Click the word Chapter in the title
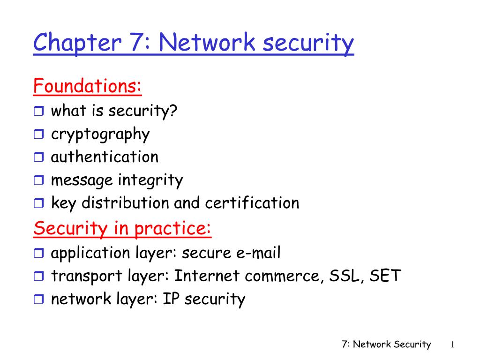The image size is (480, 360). click(77, 43)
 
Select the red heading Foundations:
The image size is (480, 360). click(87, 86)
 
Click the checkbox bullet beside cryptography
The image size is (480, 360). click(38, 134)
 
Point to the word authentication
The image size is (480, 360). click(105, 157)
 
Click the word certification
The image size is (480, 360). click(252, 202)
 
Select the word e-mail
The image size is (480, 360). click(258, 253)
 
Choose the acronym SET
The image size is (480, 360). click(385, 276)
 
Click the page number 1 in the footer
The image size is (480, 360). click(452, 345)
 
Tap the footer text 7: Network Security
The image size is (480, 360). click(386, 345)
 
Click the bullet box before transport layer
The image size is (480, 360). click(38, 276)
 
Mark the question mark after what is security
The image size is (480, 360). click(173, 110)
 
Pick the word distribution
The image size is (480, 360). click(125, 202)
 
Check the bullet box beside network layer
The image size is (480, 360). click(38, 299)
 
